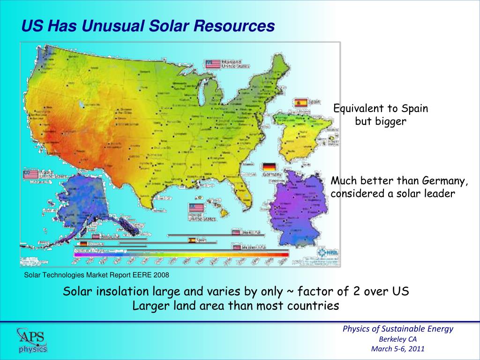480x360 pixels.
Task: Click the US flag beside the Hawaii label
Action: click(195, 208)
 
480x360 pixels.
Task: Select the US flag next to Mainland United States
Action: click(213, 64)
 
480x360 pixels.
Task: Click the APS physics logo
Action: click(32, 339)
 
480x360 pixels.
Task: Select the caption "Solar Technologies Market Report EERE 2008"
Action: click(96, 275)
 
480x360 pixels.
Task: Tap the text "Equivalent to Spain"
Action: click(381, 109)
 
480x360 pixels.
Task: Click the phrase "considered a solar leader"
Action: click(393, 194)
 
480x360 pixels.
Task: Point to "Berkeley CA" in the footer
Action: click(397, 339)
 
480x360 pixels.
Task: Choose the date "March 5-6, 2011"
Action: click(397, 349)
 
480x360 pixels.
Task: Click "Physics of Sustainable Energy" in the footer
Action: click(398, 329)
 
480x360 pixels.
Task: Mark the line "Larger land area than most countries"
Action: click(235, 306)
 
